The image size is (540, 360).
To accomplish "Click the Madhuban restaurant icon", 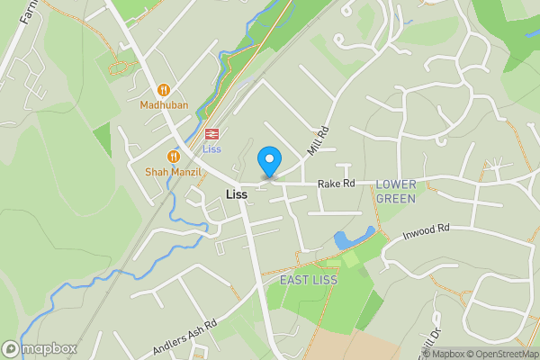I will (x=163, y=90).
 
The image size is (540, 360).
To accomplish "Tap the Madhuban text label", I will (x=163, y=104).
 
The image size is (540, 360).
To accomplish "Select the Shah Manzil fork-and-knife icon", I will (x=173, y=157).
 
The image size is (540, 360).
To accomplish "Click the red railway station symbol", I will (x=212, y=134).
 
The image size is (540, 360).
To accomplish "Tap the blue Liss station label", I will (x=212, y=148).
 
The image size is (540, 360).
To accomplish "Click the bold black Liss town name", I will (x=237, y=194).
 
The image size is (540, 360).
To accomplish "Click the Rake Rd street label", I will (x=336, y=184).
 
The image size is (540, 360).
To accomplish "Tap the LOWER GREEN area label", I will (x=396, y=191).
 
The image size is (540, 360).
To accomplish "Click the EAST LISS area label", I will (x=307, y=280).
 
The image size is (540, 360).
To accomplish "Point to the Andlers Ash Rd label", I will (x=185, y=335).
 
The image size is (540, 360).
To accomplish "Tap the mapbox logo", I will (x=39, y=348).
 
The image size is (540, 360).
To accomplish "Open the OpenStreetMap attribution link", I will (x=496, y=354).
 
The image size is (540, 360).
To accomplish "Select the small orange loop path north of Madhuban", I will (x=118, y=65).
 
